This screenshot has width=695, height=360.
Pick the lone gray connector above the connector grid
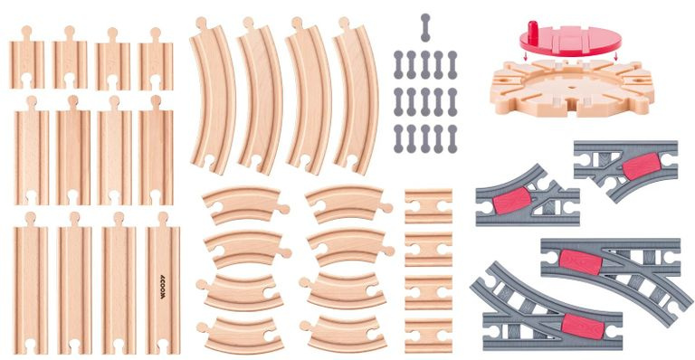click(425, 27)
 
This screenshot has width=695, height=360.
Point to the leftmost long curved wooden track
click(213, 95)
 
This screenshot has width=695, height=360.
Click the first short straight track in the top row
click(27, 62)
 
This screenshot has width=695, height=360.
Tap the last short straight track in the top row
click(156, 62)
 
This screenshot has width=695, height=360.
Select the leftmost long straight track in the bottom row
click(30, 288)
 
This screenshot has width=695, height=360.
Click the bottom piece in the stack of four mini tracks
click(428, 340)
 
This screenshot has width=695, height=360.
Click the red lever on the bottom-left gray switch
click(579, 323)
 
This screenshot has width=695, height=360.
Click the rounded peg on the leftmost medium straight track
click(31, 102)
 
